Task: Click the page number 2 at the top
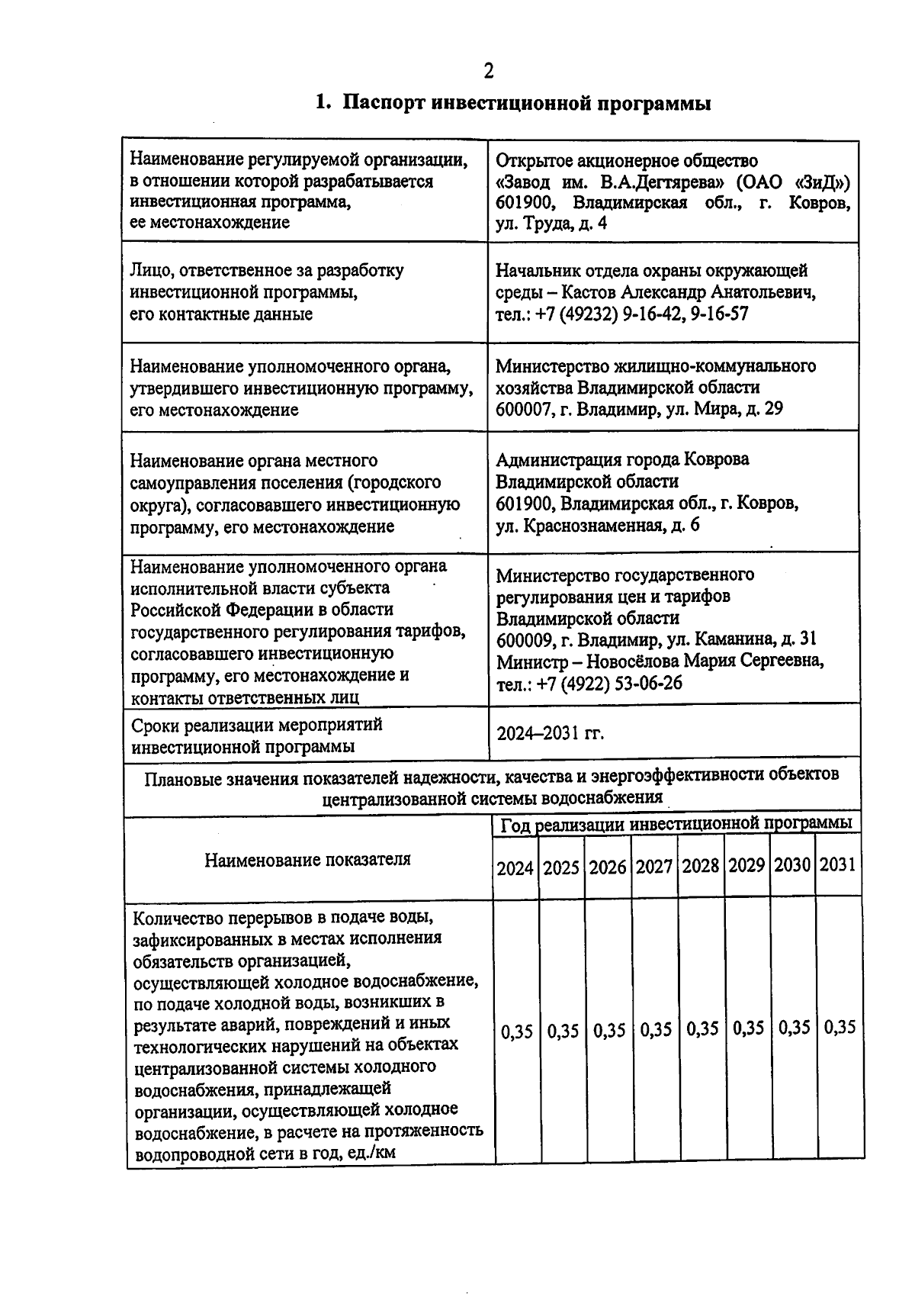488,71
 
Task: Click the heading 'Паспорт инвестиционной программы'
526,103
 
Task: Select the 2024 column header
515,867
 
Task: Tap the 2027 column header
654,867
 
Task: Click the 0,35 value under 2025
563,1031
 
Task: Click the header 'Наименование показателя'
307,859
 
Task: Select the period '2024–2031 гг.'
551,734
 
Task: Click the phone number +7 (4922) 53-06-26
610,684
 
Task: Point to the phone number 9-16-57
720,314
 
